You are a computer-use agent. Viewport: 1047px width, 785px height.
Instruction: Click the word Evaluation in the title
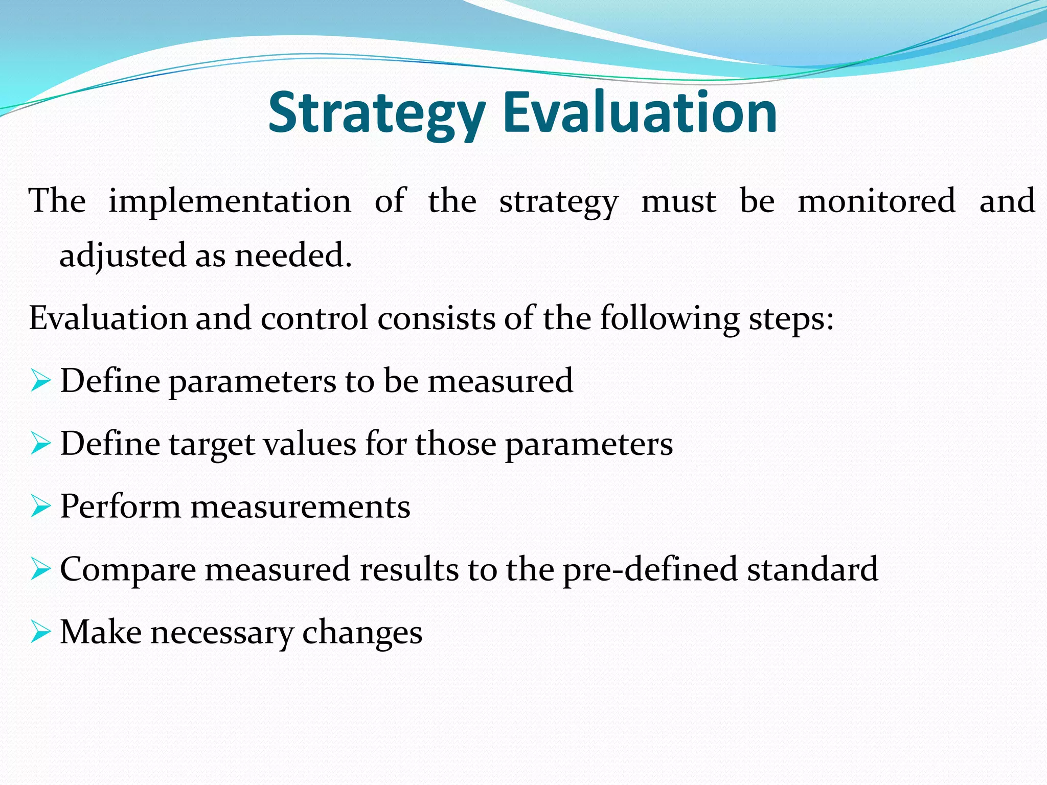[640, 112]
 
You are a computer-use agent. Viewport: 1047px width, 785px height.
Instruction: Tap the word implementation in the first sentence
[230, 201]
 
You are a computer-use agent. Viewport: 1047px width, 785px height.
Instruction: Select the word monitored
[876, 200]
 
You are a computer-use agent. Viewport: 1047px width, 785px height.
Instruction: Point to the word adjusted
[123, 256]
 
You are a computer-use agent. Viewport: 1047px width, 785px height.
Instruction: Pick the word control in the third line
[314, 318]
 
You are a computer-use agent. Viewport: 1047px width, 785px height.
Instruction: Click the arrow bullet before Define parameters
[40, 381]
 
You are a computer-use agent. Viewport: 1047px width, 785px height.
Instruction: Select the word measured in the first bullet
[500, 381]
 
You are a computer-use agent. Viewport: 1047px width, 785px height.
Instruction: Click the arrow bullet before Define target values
[40, 444]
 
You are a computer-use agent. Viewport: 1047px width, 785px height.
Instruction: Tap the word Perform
[121, 507]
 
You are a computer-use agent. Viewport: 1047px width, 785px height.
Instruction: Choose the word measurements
[301, 507]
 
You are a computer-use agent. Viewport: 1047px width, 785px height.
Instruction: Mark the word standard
[812, 569]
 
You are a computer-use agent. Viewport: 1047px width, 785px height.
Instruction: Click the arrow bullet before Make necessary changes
[40, 632]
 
